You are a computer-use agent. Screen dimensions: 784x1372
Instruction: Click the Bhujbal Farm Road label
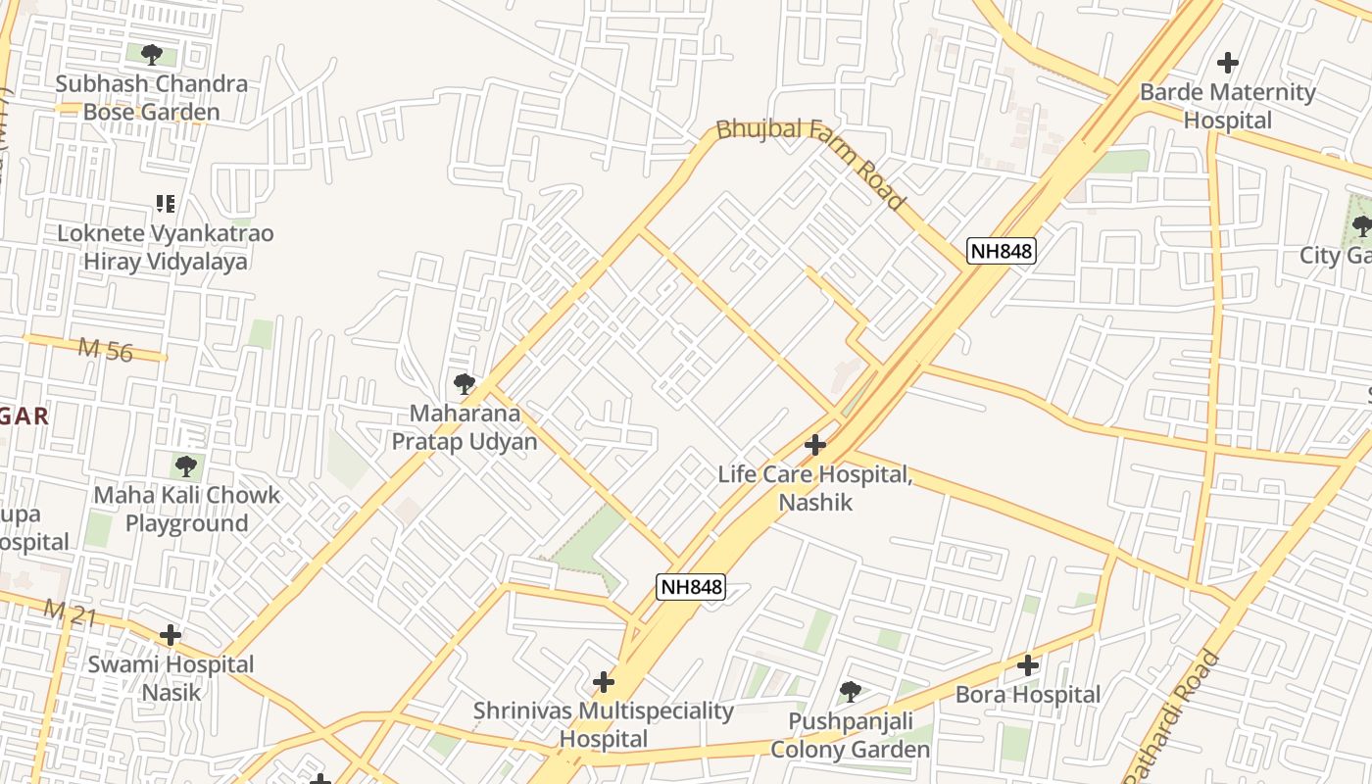point(809,163)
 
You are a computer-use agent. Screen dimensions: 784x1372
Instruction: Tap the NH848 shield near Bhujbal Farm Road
point(1001,251)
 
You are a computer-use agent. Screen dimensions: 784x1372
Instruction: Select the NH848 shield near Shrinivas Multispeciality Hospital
point(690,587)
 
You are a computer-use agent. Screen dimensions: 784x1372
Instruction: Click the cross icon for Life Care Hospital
point(814,446)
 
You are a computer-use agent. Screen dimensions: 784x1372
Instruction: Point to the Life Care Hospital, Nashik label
point(814,488)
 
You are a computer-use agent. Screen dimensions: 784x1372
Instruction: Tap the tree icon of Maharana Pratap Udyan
point(465,384)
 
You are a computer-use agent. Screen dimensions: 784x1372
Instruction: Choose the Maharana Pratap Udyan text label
point(465,427)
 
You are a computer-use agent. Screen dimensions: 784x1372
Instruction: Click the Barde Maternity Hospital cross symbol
point(1227,64)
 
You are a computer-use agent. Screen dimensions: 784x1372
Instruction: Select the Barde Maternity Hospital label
point(1227,106)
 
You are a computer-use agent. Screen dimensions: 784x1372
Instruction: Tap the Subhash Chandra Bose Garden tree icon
point(151,55)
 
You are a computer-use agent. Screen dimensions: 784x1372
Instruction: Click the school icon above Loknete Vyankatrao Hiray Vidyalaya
point(166,204)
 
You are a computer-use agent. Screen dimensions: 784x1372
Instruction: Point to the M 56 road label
point(105,350)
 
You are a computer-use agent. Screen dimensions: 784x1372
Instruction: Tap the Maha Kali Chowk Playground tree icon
point(186,466)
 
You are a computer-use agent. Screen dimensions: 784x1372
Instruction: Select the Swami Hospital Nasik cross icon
point(171,635)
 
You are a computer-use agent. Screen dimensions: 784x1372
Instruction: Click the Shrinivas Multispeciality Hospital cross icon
point(604,682)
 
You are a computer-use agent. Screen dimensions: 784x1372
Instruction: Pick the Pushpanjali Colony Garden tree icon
point(850,692)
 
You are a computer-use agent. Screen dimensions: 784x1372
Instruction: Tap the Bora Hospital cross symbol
point(1027,666)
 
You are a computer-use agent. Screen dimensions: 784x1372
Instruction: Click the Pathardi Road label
point(1172,715)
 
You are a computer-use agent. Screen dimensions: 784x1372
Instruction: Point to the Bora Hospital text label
point(1027,695)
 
